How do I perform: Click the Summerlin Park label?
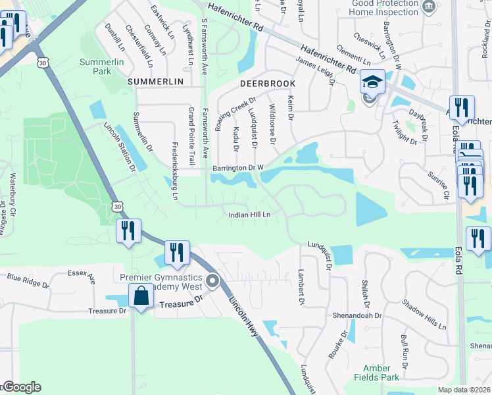97,65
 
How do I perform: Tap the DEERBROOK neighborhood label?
268,84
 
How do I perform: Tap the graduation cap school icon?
372,82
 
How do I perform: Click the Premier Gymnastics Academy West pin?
212,282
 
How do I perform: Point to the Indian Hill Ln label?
249,215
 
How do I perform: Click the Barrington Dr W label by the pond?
237,168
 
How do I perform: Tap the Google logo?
21,387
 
